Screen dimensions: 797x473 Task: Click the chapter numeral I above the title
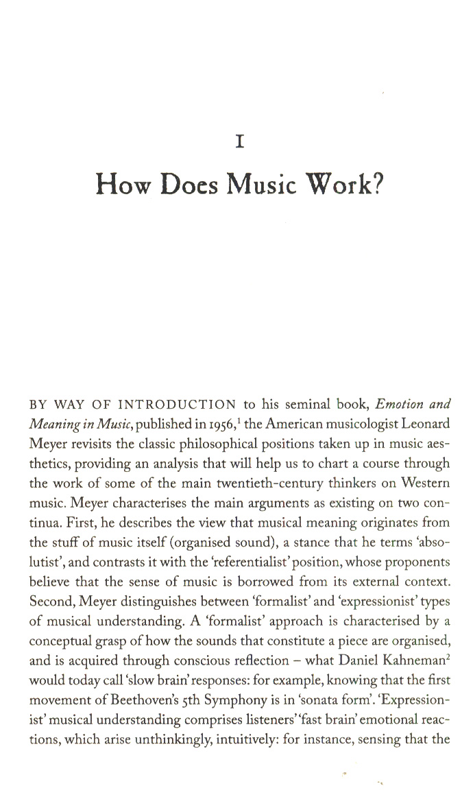[x=240, y=142]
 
